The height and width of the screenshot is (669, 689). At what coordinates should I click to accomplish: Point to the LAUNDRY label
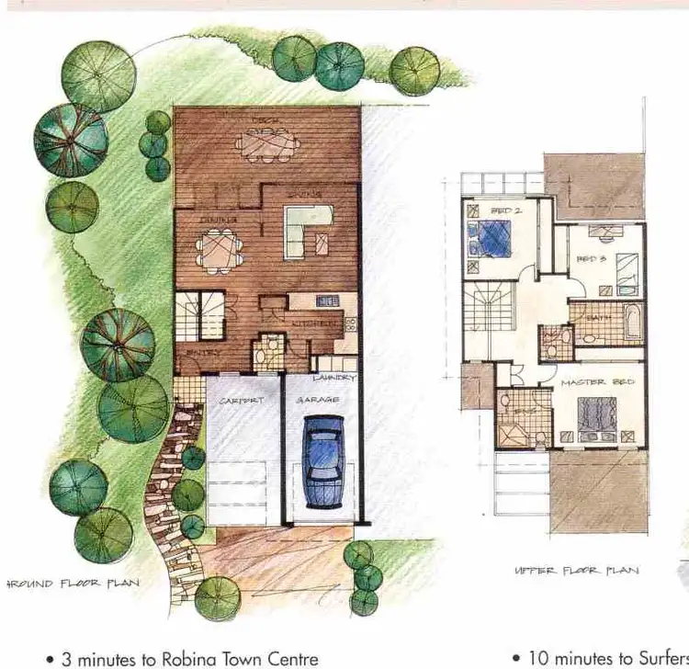coord(333,378)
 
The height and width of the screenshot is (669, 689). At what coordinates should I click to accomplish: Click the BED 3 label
coord(589,260)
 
